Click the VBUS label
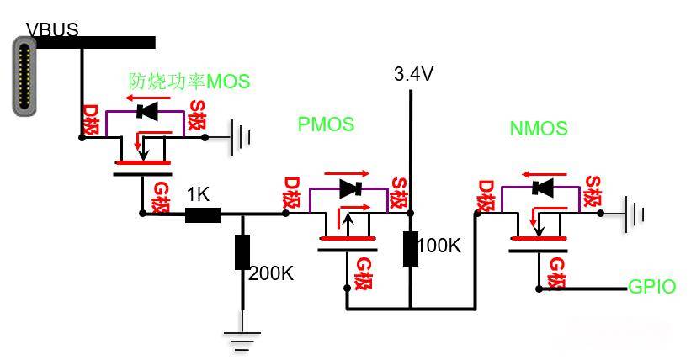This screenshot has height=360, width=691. [x=52, y=29]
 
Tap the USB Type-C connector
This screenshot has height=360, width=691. [x=24, y=77]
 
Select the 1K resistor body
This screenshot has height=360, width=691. [x=203, y=215]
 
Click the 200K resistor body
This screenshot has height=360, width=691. [x=242, y=252]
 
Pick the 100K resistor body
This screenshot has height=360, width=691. [x=411, y=248]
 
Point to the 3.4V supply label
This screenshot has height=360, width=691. [x=413, y=73]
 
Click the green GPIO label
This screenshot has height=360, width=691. [x=651, y=287]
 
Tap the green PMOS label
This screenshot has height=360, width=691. [x=326, y=124]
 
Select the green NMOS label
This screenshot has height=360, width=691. [x=539, y=128]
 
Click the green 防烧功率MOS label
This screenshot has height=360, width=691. [x=189, y=81]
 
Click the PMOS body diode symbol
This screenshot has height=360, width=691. [x=351, y=188]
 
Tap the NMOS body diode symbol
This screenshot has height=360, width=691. [x=543, y=188]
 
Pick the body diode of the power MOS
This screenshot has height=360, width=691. [x=147, y=112]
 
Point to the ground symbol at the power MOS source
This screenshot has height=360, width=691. [x=241, y=137]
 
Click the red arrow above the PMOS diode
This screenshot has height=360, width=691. [x=347, y=173]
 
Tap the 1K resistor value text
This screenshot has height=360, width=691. [x=198, y=194]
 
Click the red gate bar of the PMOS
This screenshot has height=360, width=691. [x=348, y=238]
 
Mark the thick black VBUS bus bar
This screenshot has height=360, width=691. [x=95, y=42]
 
